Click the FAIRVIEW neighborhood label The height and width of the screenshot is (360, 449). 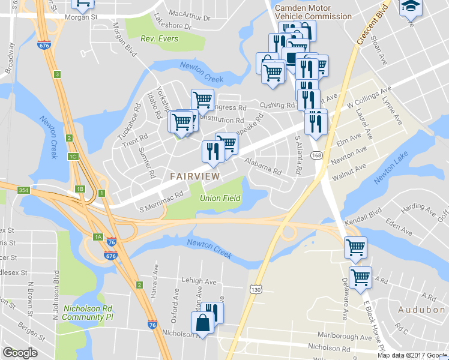pyautogui.click(x=194, y=176)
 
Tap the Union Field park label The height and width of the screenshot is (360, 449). pyautogui.click(x=220, y=198)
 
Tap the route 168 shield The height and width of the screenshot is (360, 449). pyautogui.click(x=317, y=155)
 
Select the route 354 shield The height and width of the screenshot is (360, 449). pyautogui.click(x=23, y=190)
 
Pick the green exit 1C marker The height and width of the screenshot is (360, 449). pyautogui.click(x=74, y=157)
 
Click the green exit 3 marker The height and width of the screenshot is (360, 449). pyautogui.click(x=57, y=74)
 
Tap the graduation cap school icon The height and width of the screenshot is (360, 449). pyautogui.click(x=411, y=6)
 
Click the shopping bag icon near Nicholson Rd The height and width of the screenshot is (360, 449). pyautogui.click(x=203, y=323)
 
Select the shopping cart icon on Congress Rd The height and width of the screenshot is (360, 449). pyautogui.click(x=202, y=100)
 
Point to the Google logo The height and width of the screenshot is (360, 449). pyautogui.click(x=20, y=353)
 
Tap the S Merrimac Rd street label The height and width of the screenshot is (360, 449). pyautogui.click(x=161, y=203)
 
